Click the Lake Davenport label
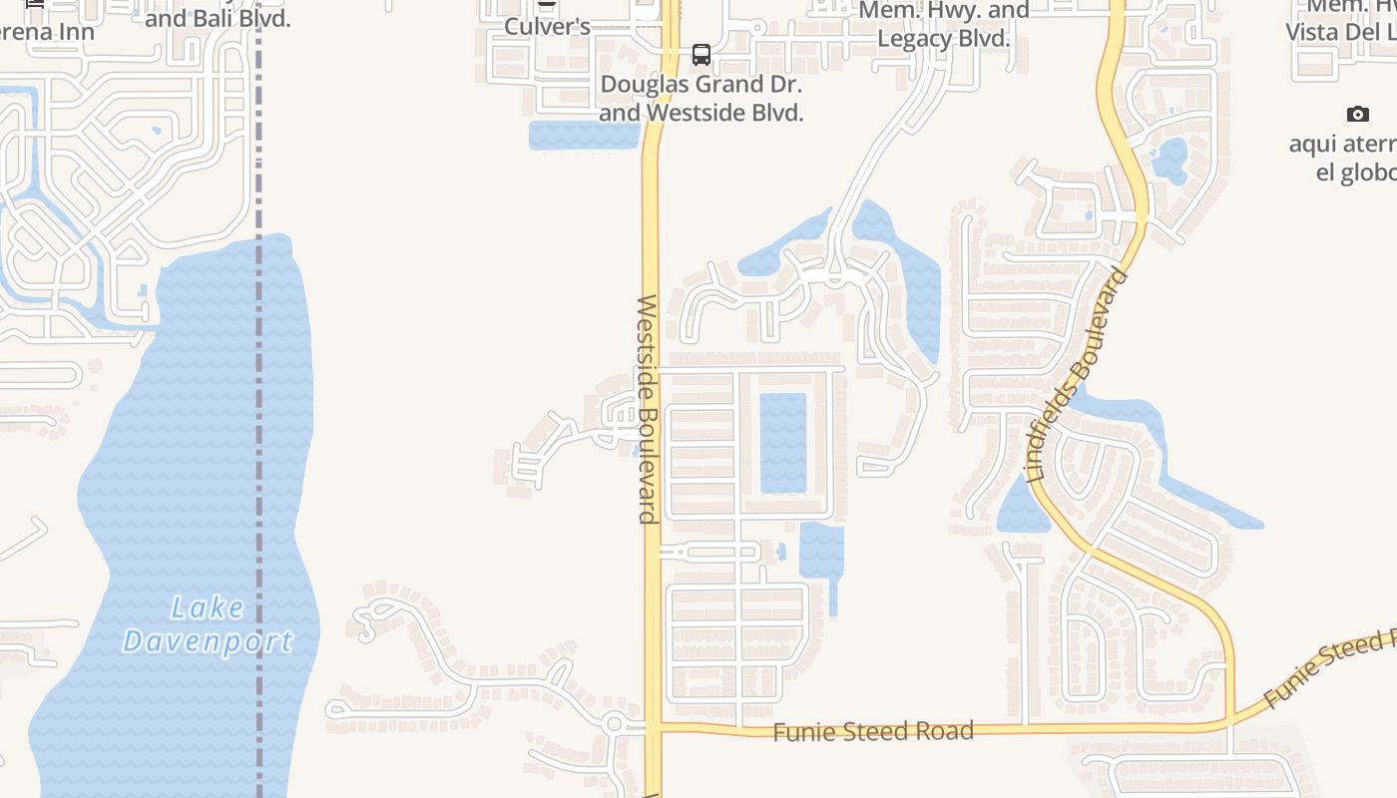(x=208, y=624)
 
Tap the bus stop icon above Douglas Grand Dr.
(x=701, y=54)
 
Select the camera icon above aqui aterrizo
(x=1357, y=114)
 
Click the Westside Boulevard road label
(x=648, y=409)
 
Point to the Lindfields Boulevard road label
(x=1078, y=375)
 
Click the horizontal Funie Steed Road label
(x=873, y=731)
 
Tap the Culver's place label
(x=547, y=26)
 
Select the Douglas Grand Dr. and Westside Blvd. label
(x=700, y=99)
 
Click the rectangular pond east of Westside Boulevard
(x=783, y=442)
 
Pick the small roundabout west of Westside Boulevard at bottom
(x=613, y=724)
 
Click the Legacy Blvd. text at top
(x=944, y=40)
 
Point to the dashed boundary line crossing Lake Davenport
(x=259, y=499)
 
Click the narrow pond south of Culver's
(x=584, y=136)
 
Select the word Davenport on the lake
(x=208, y=641)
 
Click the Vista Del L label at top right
(x=1340, y=31)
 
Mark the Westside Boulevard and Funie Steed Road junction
(x=653, y=727)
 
